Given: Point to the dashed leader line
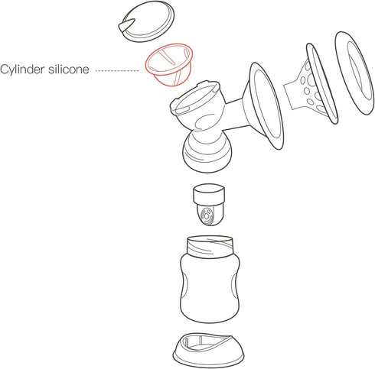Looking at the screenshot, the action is [117, 70].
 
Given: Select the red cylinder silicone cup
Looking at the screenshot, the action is [169, 65].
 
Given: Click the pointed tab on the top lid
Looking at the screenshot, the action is [126, 25].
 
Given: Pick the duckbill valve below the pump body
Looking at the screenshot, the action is [209, 205].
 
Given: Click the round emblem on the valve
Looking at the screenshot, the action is [207, 215].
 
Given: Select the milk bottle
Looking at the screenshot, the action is [210, 279].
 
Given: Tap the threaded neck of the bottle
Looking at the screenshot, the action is [210, 247].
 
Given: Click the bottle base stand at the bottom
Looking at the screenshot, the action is [208, 350].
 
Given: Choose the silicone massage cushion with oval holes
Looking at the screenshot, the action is [311, 84].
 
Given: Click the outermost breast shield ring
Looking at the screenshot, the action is [355, 73].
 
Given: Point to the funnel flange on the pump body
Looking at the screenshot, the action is [266, 105].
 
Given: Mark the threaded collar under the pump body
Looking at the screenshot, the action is [207, 151].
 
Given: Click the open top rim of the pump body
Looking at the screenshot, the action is [195, 98].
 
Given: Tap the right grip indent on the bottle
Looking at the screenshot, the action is [235, 289].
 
